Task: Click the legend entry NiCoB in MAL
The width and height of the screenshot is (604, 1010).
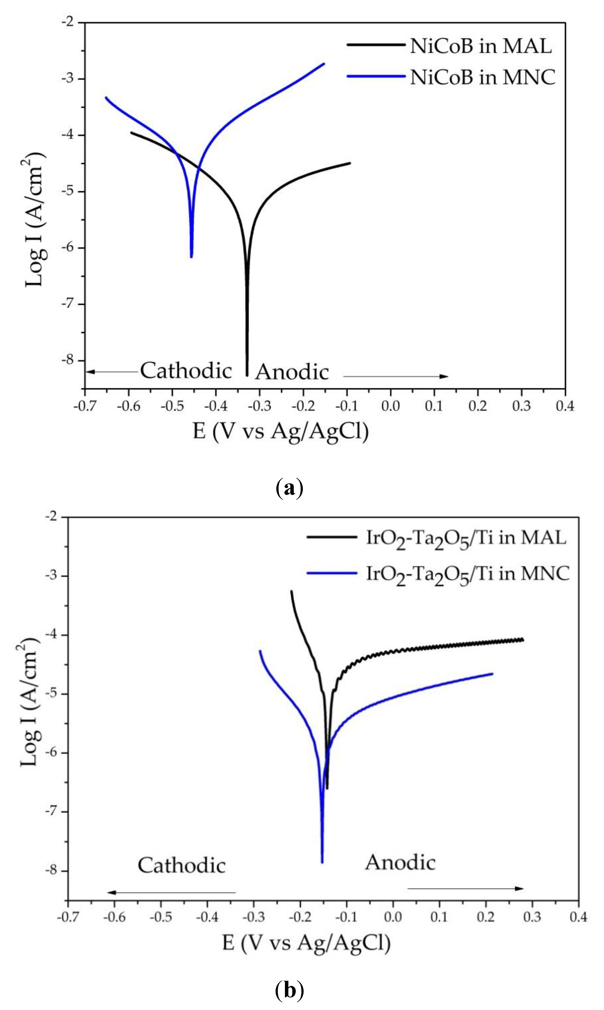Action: [480, 46]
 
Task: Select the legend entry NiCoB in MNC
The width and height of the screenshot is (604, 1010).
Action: [482, 77]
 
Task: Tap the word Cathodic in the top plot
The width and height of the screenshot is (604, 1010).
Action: [186, 371]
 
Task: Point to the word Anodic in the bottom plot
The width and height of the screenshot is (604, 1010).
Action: [400, 862]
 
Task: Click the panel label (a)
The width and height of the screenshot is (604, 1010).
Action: [289, 487]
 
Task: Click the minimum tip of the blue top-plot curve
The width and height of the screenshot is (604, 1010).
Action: [191, 257]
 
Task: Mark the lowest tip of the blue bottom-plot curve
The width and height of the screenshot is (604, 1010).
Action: [322, 862]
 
